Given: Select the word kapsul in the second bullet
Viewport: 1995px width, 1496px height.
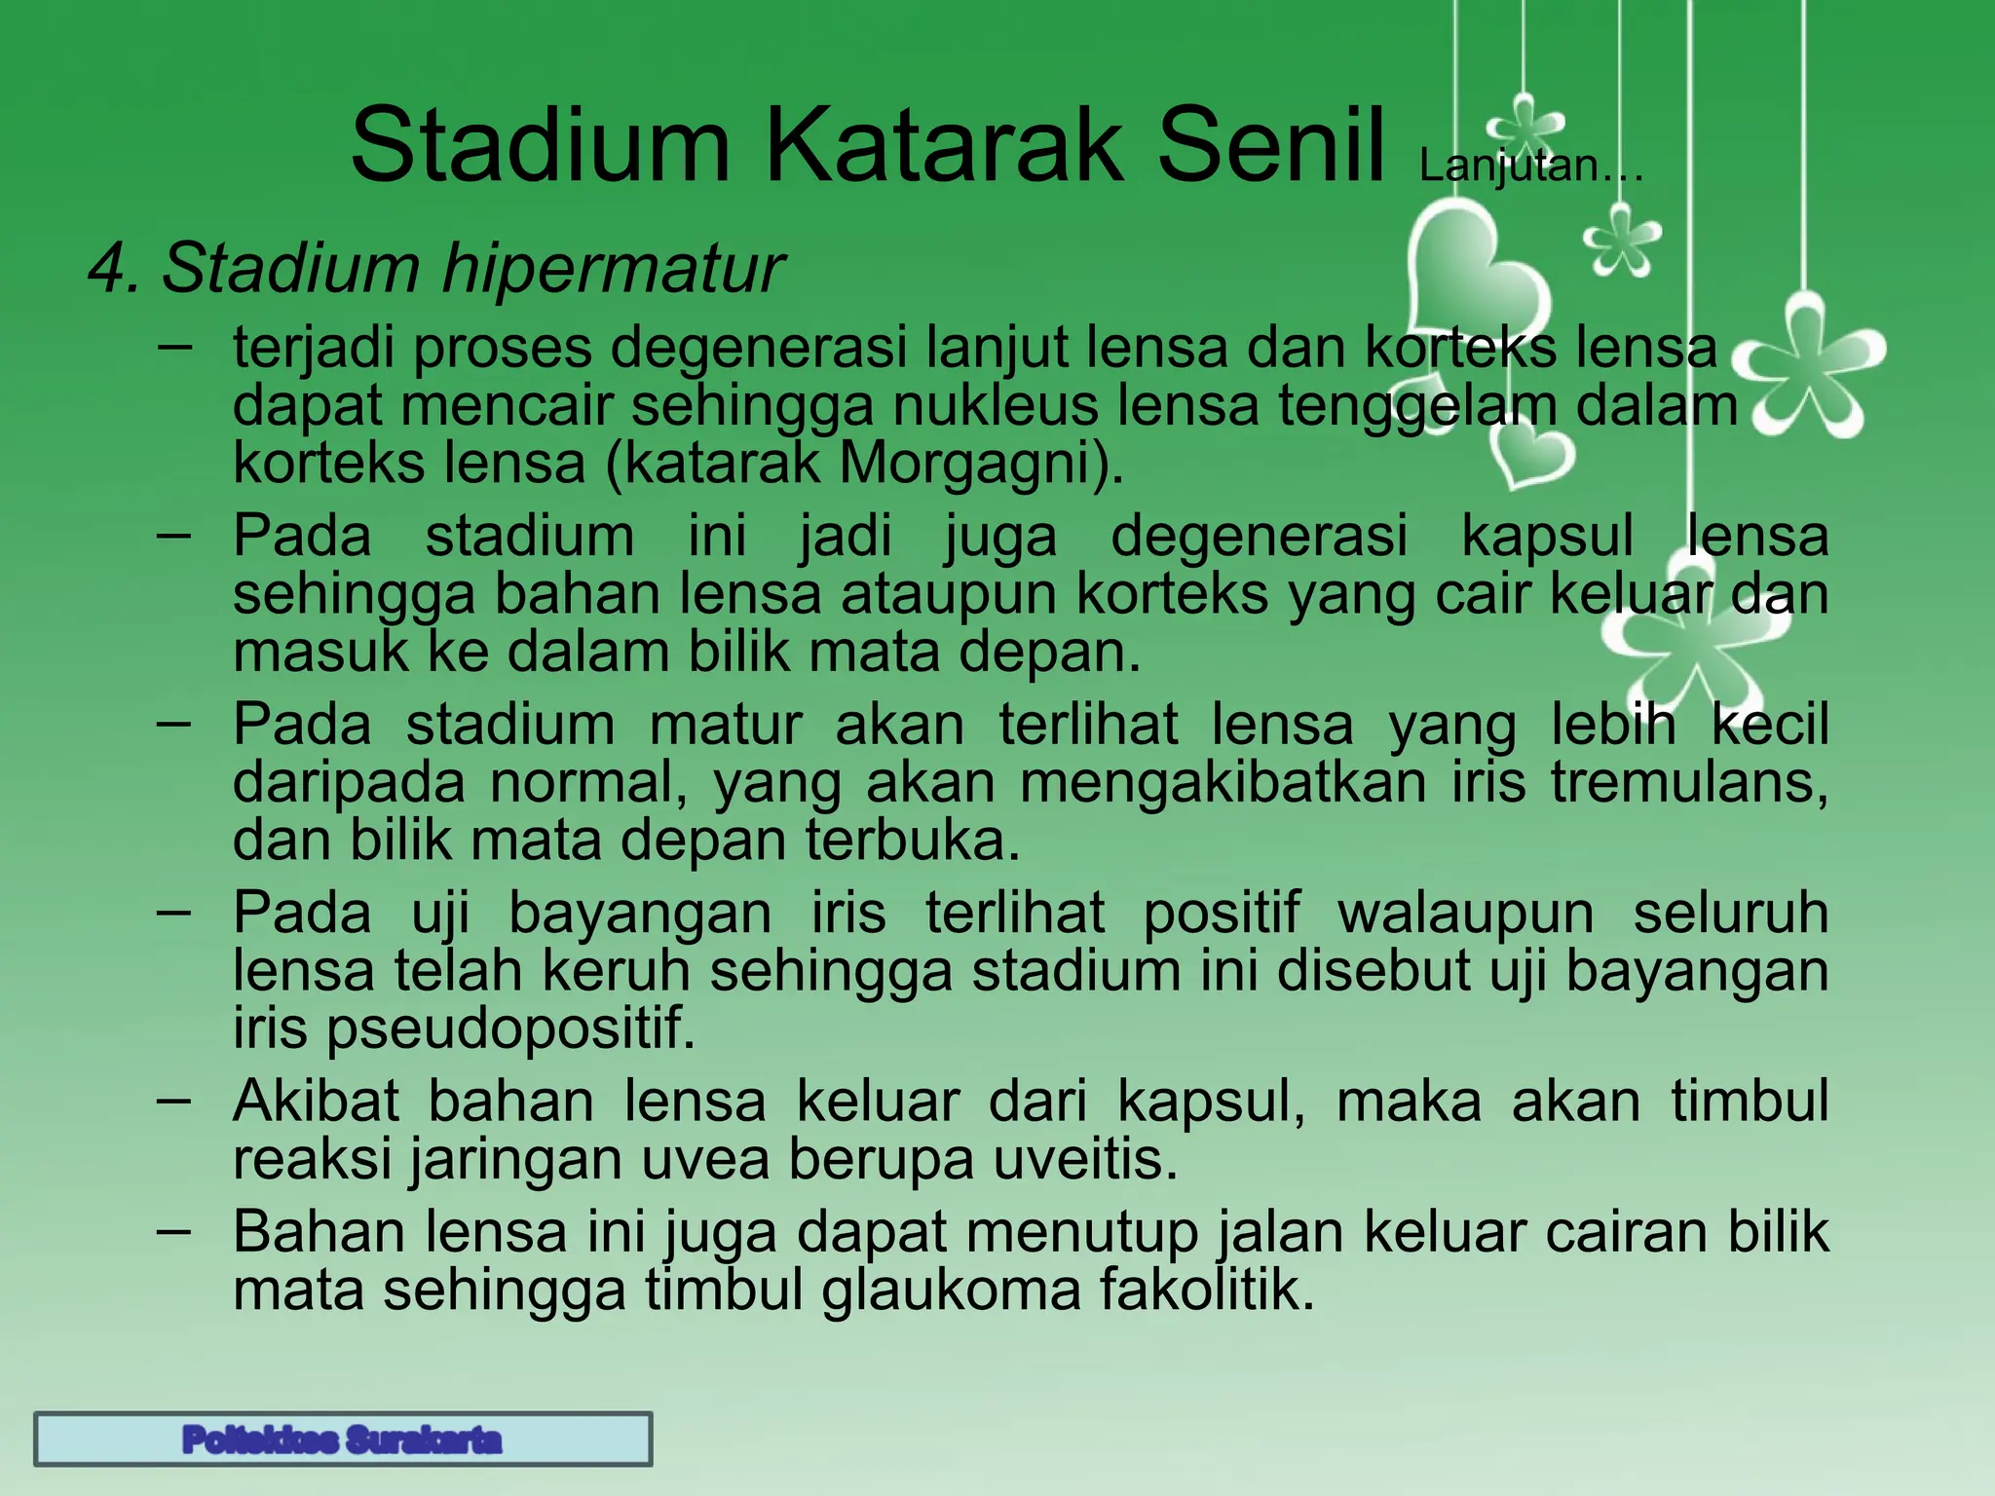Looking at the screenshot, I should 1547,536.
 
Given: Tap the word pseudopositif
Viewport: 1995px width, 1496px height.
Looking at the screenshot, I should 510,1028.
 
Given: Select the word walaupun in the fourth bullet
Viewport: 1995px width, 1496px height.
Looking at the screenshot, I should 1465,914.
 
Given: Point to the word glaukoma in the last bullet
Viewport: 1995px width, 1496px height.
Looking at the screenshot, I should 951,1290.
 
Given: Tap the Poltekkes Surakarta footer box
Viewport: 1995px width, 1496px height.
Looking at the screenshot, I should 343,1439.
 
